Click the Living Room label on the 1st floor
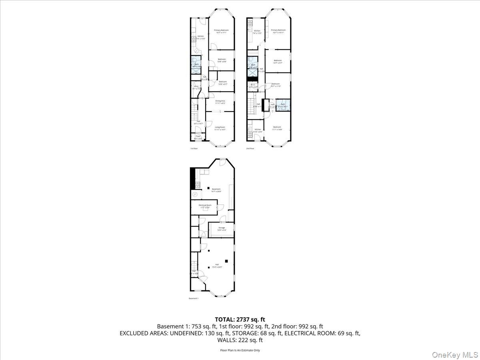click(220, 127)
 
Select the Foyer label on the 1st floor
click(198, 136)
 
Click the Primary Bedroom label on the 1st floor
click(221, 30)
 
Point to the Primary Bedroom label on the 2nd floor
click(278, 30)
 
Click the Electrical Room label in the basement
click(205, 205)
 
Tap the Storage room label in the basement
click(221, 228)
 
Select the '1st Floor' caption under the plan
click(194, 148)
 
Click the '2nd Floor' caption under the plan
click(250, 148)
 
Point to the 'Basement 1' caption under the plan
click(193, 298)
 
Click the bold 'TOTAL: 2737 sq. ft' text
click(240, 319)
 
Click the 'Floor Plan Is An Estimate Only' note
click(240, 350)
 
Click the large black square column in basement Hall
click(226, 261)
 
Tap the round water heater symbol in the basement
click(195, 194)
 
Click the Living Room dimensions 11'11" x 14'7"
click(220, 130)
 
